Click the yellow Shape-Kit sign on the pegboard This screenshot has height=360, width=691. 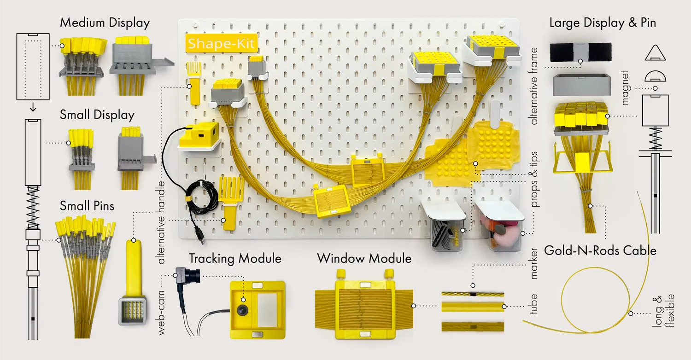222,43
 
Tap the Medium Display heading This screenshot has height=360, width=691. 105,23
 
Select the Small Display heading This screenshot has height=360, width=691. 97,115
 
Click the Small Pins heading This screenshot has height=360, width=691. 87,206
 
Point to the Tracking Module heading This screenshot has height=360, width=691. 235,259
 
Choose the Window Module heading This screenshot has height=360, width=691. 364,259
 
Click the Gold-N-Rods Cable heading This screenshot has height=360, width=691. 600,250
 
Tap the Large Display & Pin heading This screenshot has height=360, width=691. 603,23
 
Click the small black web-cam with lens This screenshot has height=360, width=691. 187,274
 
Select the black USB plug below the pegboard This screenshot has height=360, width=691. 200,238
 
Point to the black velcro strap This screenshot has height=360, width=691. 580,52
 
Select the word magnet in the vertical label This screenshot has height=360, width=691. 625,88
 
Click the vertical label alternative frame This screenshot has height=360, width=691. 533,86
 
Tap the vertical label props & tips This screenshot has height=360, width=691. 534,180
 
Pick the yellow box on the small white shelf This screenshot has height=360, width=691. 199,134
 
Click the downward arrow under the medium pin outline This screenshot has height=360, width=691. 33,107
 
